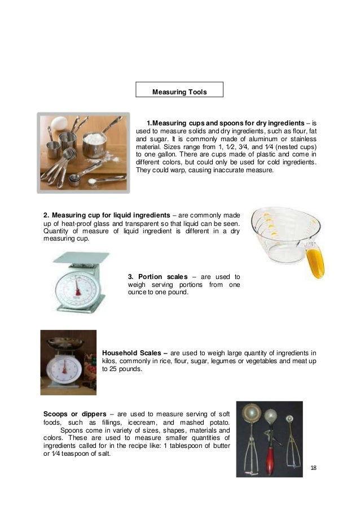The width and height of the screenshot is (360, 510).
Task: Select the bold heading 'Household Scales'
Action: tap(133, 351)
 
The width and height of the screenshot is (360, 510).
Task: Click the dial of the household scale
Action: tap(64, 370)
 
